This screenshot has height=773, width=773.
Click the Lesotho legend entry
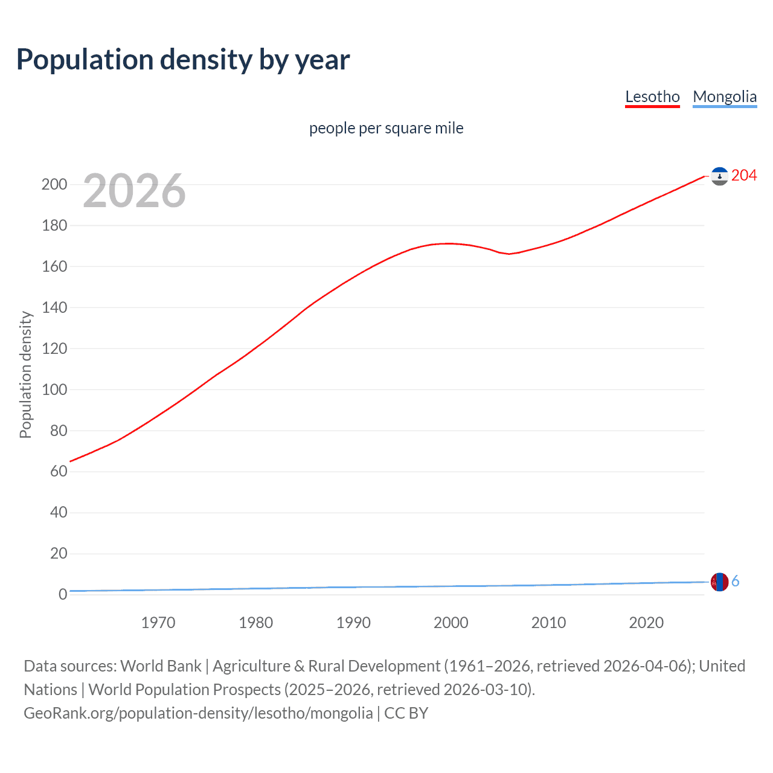click(x=652, y=97)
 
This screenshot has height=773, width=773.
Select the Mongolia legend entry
click(x=724, y=97)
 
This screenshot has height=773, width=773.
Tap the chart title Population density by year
click(x=183, y=60)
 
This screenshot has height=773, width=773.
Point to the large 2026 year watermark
click(x=134, y=191)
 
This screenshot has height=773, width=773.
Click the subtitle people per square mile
click(x=386, y=128)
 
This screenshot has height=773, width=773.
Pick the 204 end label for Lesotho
click(x=743, y=175)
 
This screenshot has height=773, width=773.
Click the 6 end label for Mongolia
click(x=735, y=581)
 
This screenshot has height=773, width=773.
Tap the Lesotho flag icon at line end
click(x=719, y=176)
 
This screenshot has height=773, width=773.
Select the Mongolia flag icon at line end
click(x=719, y=582)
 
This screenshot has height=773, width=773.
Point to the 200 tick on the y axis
click(x=54, y=184)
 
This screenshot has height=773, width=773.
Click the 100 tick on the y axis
click(x=54, y=390)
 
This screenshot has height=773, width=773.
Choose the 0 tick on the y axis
click(x=62, y=595)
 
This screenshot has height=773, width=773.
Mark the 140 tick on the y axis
click(x=54, y=307)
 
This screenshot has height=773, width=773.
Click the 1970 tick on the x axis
click(x=158, y=623)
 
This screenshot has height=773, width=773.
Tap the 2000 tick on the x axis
click(x=451, y=623)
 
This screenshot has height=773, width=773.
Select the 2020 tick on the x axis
click(x=646, y=623)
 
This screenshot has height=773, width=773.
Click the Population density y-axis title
click(x=25, y=374)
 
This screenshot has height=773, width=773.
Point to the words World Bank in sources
click(x=161, y=666)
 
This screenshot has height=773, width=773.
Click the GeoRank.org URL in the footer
click(x=198, y=713)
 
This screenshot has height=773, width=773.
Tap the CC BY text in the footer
click(x=406, y=713)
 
